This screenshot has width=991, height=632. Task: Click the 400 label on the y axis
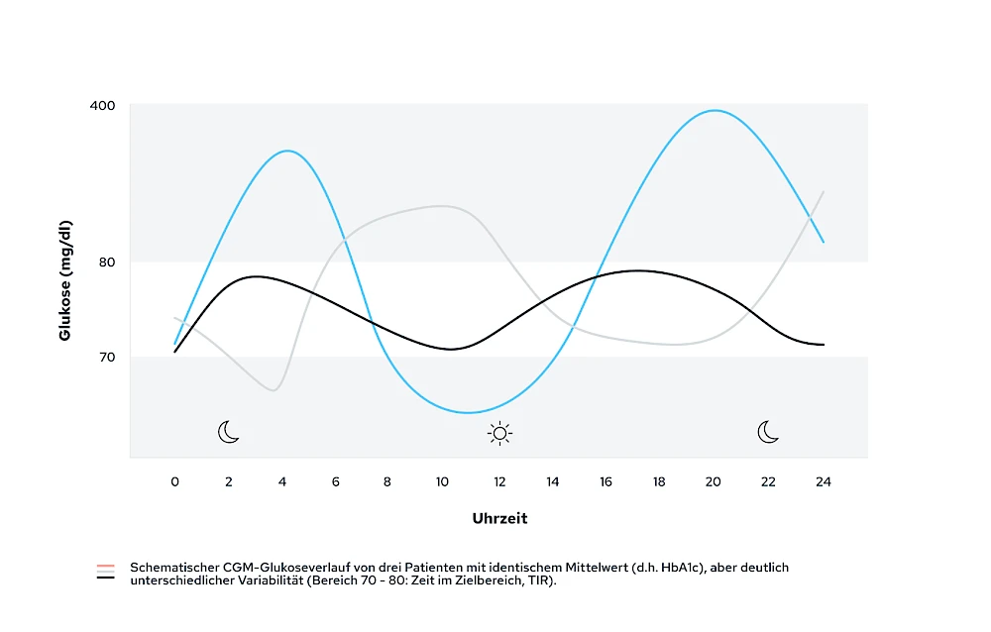click(102, 105)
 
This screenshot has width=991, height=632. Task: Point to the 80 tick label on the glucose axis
click(106, 263)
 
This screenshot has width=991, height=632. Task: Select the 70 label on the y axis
click(106, 357)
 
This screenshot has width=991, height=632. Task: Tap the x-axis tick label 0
click(175, 482)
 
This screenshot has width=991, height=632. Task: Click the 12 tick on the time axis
click(499, 482)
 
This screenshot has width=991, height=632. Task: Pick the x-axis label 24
click(823, 482)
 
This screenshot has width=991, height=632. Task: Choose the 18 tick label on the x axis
click(659, 482)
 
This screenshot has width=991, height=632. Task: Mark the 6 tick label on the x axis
click(336, 482)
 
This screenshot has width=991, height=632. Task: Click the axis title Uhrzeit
click(499, 519)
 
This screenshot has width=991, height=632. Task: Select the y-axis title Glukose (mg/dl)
click(65, 279)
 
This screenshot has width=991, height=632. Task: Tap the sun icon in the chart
click(499, 432)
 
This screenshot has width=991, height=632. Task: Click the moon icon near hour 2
click(229, 432)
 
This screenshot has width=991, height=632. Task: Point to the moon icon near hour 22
click(768, 432)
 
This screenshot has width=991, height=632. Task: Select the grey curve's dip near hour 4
click(273, 390)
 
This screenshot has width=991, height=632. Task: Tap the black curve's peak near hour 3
click(256, 276)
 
